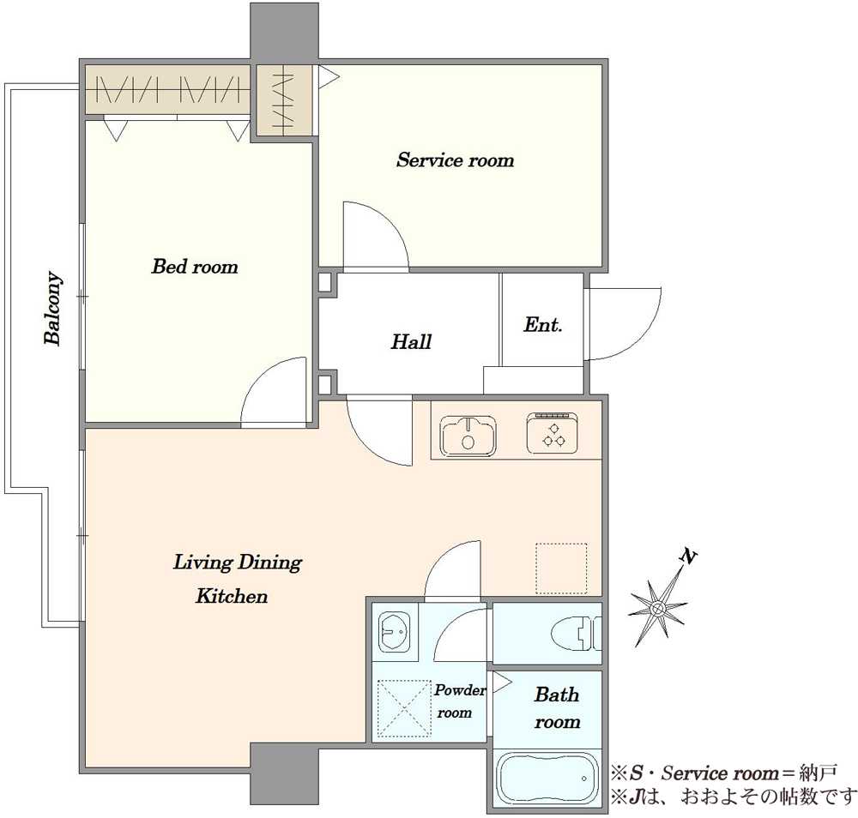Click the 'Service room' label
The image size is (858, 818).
click(x=456, y=160)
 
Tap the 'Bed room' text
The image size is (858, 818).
click(x=195, y=267)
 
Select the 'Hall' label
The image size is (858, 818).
click(x=411, y=342)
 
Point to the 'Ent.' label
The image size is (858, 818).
click(x=543, y=325)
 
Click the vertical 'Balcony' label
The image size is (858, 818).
click(x=52, y=308)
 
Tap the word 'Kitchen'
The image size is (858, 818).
click(x=232, y=596)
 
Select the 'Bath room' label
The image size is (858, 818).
click(x=557, y=708)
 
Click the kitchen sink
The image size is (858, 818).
click(x=468, y=436)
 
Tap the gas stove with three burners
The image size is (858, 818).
click(x=552, y=434)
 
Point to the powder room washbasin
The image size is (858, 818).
click(x=394, y=632)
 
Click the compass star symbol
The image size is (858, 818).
click(x=658, y=608)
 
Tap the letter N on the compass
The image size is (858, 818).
click(x=688, y=557)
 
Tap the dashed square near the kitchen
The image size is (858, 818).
click(x=561, y=568)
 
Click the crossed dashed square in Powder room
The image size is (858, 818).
click(x=404, y=708)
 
